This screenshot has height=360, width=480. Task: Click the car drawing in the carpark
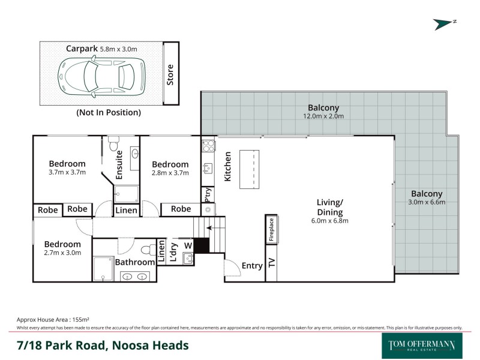[x=101, y=76]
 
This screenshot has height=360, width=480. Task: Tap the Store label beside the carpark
[x=170, y=74]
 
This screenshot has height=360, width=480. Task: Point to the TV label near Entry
[x=271, y=263]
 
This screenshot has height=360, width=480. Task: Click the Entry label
[x=252, y=266]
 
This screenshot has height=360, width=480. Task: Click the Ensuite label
[x=119, y=164]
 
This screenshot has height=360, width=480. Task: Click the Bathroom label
[x=135, y=262]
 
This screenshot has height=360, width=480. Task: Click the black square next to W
[x=201, y=245]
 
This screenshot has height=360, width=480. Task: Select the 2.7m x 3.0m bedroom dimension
[x=62, y=253]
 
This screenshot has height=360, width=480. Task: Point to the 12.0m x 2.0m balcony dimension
[x=323, y=116]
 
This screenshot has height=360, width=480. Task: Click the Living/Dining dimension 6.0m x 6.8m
[x=329, y=221]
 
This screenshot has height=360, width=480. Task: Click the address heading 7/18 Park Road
[x=103, y=346]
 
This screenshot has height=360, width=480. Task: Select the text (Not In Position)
[x=109, y=112]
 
